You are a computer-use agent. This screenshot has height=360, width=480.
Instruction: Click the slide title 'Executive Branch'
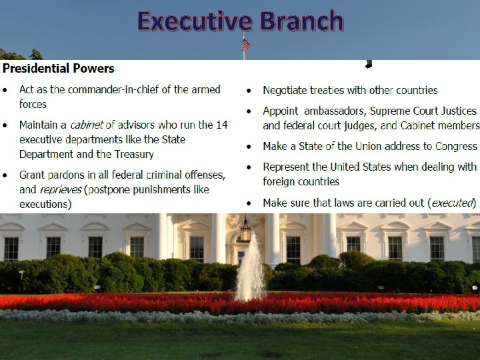coord(240,21)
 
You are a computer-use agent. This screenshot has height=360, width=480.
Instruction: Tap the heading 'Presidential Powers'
coord(58,69)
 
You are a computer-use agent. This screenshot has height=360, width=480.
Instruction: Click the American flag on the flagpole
coord(247,45)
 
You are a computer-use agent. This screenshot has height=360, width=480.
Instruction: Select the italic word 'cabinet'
coord(87,125)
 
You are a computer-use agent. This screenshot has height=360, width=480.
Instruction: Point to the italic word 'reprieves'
coord(59,189)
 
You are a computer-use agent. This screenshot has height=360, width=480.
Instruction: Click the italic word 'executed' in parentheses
coord(453,203)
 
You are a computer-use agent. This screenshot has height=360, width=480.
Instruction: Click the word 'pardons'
coord(67,175)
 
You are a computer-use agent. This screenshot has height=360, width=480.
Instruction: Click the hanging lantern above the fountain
coord(245,231)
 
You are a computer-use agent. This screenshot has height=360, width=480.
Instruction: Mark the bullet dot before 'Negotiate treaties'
coord(249,91)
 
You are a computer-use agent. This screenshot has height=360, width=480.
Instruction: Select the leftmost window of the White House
coord(11,247)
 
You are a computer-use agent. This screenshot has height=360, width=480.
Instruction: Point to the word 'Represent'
coord(287,167)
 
